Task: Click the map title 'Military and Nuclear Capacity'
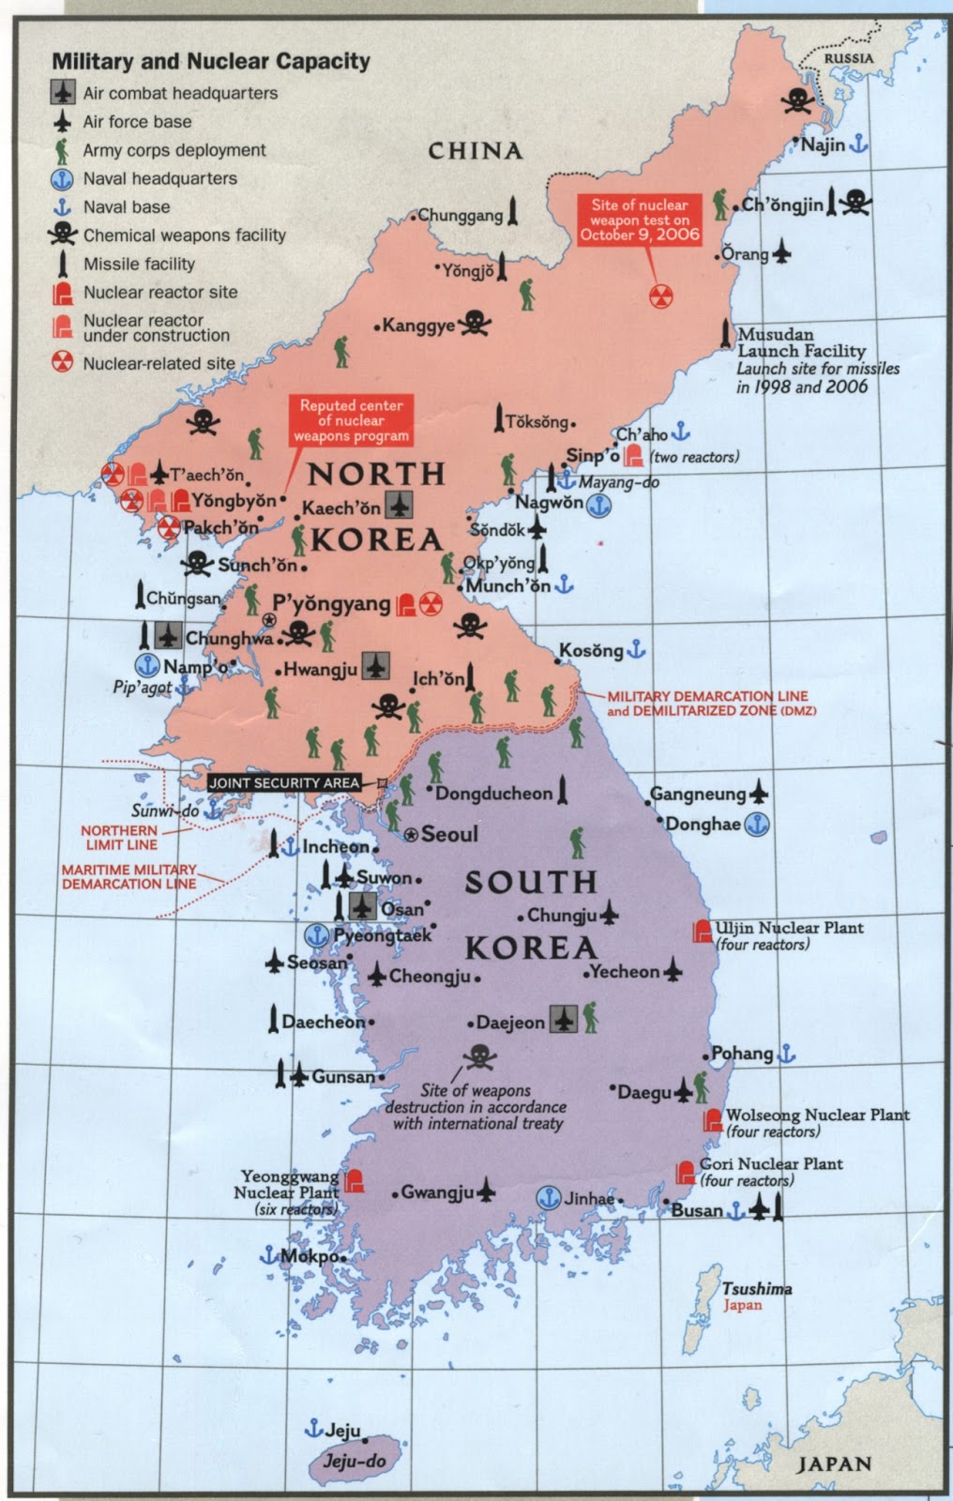(211, 62)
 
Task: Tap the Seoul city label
(449, 834)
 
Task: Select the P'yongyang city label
(331, 603)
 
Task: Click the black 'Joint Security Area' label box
(284, 782)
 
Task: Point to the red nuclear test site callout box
(640, 220)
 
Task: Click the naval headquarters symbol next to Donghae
(756, 825)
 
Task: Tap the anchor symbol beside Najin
(858, 144)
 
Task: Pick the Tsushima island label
(756, 1289)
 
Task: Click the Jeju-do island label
(355, 1461)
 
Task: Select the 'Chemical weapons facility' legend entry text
(185, 235)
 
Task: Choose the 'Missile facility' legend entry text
(139, 265)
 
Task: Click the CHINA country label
(475, 150)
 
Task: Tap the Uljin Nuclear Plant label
(789, 928)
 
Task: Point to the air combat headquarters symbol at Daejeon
(563, 1019)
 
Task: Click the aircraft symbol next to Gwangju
(485, 1191)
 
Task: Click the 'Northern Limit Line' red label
(119, 838)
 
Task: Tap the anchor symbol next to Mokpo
(268, 1254)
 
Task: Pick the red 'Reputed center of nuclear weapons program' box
(351, 420)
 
